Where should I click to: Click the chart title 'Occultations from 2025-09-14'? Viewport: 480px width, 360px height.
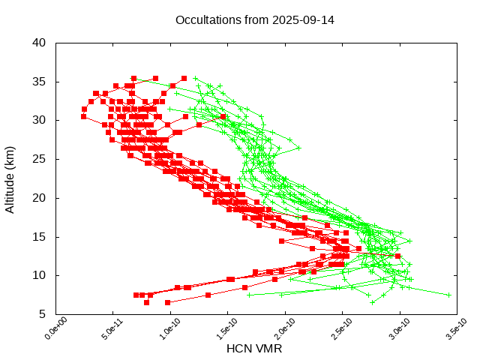tap(254, 19)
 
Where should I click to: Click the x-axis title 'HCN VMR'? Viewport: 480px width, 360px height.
tap(254, 349)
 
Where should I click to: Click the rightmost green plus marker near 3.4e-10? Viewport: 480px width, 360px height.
tap(448, 295)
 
